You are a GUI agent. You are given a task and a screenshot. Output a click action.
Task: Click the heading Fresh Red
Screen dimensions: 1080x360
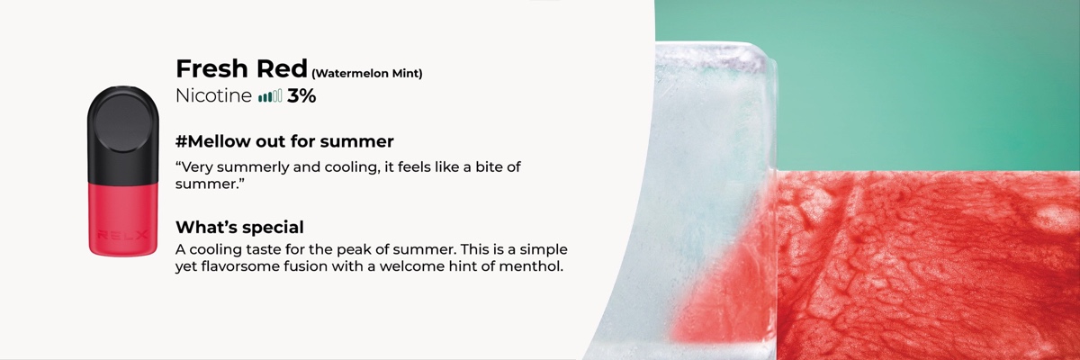click(x=241, y=68)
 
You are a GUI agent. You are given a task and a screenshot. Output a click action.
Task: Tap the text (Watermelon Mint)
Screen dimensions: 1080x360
click(x=367, y=74)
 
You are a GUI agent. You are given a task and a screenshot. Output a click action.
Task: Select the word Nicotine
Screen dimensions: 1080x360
click(x=213, y=96)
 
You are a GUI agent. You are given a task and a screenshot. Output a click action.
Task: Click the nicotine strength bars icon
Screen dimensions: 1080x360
click(x=270, y=96)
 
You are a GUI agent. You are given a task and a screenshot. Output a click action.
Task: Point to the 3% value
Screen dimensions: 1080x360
click(x=301, y=96)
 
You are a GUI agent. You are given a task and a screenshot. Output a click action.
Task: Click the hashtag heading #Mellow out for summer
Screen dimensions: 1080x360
click(x=284, y=141)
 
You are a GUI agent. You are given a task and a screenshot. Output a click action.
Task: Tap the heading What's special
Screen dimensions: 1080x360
click(x=239, y=227)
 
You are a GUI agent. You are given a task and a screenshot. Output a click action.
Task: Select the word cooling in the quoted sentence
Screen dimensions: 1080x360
click(x=347, y=167)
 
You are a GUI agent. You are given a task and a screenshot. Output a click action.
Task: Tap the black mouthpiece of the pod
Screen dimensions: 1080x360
click(x=123, y=135)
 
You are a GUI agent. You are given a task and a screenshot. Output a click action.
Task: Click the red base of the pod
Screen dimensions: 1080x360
click(x=123, y=220)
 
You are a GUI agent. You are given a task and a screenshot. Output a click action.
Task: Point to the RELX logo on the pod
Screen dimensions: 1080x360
click(x=123, y=236)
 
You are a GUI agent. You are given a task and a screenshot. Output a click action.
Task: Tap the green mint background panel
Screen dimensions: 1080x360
click(x=916, y=82)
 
